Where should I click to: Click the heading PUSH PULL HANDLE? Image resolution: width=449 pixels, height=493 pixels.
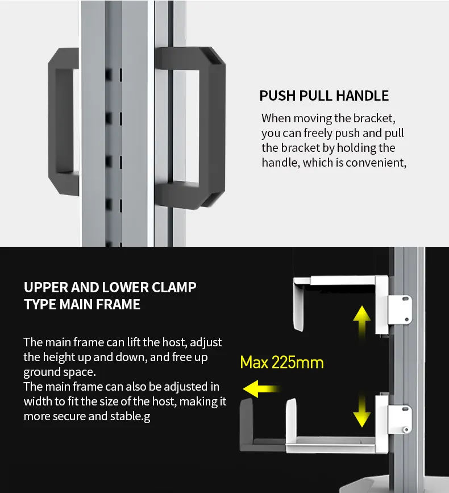tap(324, 96)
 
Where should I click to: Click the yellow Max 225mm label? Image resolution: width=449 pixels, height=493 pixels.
tap(281, 362)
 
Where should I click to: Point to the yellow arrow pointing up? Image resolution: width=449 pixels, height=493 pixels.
tap(361, 321)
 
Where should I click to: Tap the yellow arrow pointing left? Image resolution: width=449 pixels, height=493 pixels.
tap(261, 389)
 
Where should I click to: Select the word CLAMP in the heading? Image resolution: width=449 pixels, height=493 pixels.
tap(172, 287)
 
